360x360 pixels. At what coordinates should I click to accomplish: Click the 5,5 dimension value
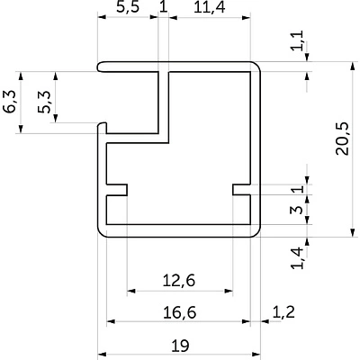[128, 7]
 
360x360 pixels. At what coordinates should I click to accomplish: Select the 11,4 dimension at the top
[209, 7]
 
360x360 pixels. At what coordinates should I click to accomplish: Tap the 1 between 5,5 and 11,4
[164, 6]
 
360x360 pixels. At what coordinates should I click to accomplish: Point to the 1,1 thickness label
[299, 40]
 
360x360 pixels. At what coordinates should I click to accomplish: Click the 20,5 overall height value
[342, 139]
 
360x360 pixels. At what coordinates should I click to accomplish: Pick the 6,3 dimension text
[10, 102]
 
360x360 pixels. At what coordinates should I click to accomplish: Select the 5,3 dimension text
[45, 102]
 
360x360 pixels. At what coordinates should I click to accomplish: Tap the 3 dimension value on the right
[298, 209]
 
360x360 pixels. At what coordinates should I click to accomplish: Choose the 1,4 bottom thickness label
[299, 258]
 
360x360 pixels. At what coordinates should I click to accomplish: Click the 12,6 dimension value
[179, 281]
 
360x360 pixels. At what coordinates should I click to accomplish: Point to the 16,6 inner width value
[180, 312]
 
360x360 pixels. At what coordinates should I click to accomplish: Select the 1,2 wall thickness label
[283, 312]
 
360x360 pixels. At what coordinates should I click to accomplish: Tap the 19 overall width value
[180, 346]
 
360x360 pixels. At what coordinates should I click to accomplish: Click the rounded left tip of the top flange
[99, 67]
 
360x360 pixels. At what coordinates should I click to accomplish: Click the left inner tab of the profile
[117, 190]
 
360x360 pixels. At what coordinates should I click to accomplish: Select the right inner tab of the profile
[241, 190]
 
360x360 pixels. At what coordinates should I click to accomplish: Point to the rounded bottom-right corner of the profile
[256, 233]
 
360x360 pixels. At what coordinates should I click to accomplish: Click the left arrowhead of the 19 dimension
[103, 354]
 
